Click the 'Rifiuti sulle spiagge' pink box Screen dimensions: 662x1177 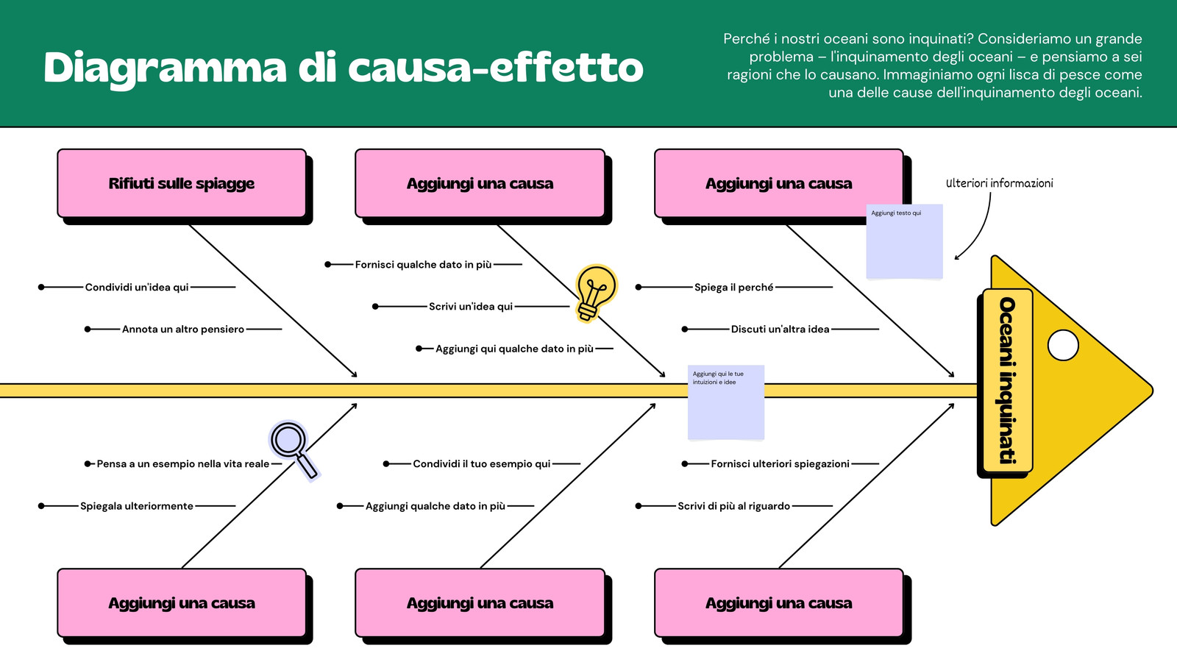182,183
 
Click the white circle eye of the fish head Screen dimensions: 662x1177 1062,345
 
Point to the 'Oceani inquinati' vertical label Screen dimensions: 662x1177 1007,380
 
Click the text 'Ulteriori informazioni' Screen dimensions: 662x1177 999,183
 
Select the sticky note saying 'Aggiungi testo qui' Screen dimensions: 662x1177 904,242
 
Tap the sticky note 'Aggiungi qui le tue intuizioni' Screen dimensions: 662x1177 725,402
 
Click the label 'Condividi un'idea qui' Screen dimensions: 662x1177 137,287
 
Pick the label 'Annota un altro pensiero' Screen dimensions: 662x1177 182,329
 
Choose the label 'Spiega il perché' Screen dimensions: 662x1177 733,287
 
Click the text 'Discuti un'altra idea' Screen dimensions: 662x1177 780,329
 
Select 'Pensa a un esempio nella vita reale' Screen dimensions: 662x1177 182,463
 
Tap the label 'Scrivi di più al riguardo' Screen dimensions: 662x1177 733,506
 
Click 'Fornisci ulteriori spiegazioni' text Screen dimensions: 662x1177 780,463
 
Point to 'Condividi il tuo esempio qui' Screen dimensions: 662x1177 481,463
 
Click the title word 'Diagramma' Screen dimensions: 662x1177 164,68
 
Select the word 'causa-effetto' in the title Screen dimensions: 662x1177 495,68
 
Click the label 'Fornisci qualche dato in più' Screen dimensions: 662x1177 423,264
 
